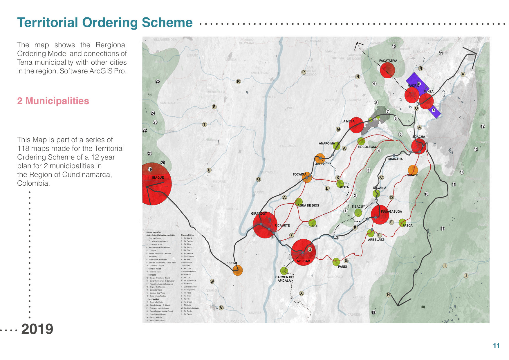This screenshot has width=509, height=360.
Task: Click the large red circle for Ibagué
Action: [156, 184]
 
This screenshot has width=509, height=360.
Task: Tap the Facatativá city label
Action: [388, 61]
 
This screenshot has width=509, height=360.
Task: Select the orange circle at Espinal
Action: [238, 271]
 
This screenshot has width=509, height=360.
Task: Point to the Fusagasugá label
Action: [391, 211]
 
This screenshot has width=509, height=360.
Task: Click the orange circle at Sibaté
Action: [413, 170]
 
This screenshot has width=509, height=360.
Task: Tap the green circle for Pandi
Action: [336, 262]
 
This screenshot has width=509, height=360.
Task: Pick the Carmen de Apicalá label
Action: [284, 279]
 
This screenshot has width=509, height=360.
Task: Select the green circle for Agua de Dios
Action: [299, 202]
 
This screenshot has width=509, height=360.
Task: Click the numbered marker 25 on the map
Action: [158, 81]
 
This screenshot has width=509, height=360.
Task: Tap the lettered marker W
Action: [212, 281]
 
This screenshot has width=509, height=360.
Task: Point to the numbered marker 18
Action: [373, 312]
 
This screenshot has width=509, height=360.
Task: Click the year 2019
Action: [37, 329]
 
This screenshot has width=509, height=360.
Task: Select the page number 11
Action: [496, 345]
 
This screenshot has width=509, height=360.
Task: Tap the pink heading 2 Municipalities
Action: [53, 101]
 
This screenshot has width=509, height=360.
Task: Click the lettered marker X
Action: [302, 293]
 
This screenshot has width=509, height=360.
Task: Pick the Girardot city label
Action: [259, 214]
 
